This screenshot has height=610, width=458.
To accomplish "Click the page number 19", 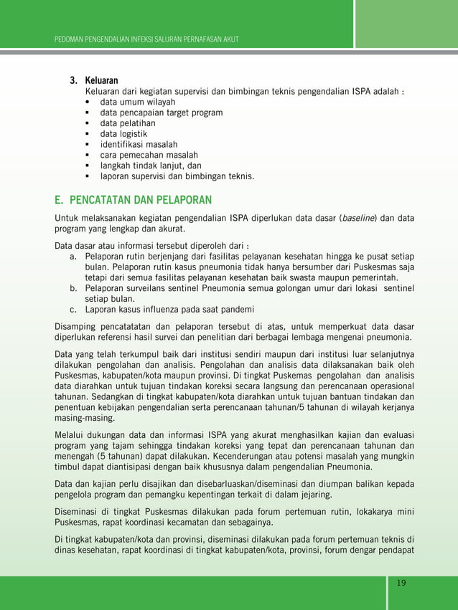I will pos(401,582).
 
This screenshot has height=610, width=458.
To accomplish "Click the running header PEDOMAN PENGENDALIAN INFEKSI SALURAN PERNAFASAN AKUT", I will pos(146,38).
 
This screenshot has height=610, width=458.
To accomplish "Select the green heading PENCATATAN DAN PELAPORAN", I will pos(134,199).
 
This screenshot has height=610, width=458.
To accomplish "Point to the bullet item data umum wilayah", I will pos(138,102).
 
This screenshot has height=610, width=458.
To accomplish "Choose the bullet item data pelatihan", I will pos(128,123).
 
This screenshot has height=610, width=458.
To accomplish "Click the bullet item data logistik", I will pos(123,134).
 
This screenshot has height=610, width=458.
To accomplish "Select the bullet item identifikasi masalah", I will pos(139,145).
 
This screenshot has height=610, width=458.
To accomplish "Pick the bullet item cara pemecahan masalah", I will pos(149,155).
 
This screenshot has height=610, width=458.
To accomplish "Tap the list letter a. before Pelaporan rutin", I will pos(73,256).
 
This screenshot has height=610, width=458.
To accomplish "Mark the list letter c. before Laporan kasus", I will pos(73,310).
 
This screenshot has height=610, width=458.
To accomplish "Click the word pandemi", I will pos(235,310).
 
